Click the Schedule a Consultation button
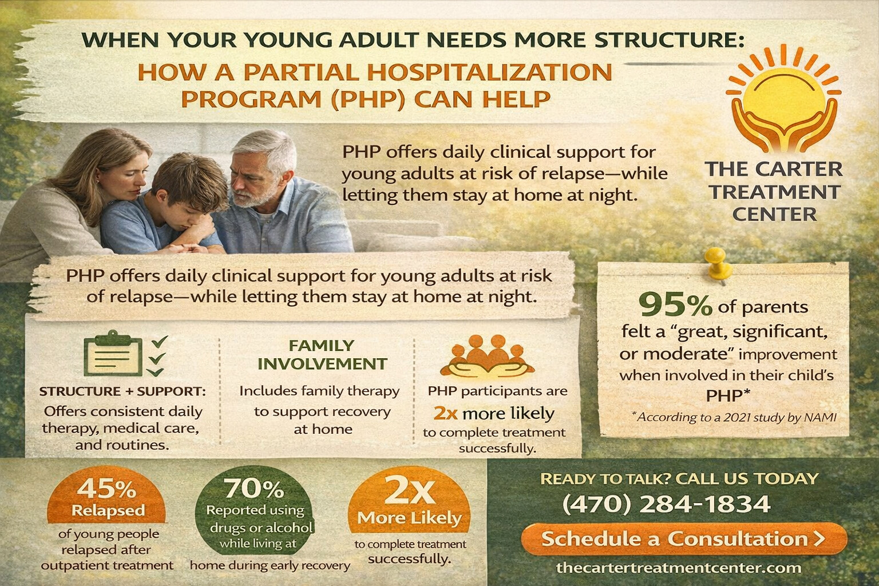click(684, 539)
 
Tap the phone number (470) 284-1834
click(667, 504)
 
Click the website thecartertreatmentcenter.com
click(679, 568)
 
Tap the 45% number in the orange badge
click(107, 489)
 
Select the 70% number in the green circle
click(255, 489)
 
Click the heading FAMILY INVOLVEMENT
click(323, 355)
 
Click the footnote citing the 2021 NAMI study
click(734, 417)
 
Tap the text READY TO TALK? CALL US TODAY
click(679, 479)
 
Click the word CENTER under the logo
click(774, 214)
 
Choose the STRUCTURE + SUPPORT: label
click(123, 391)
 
